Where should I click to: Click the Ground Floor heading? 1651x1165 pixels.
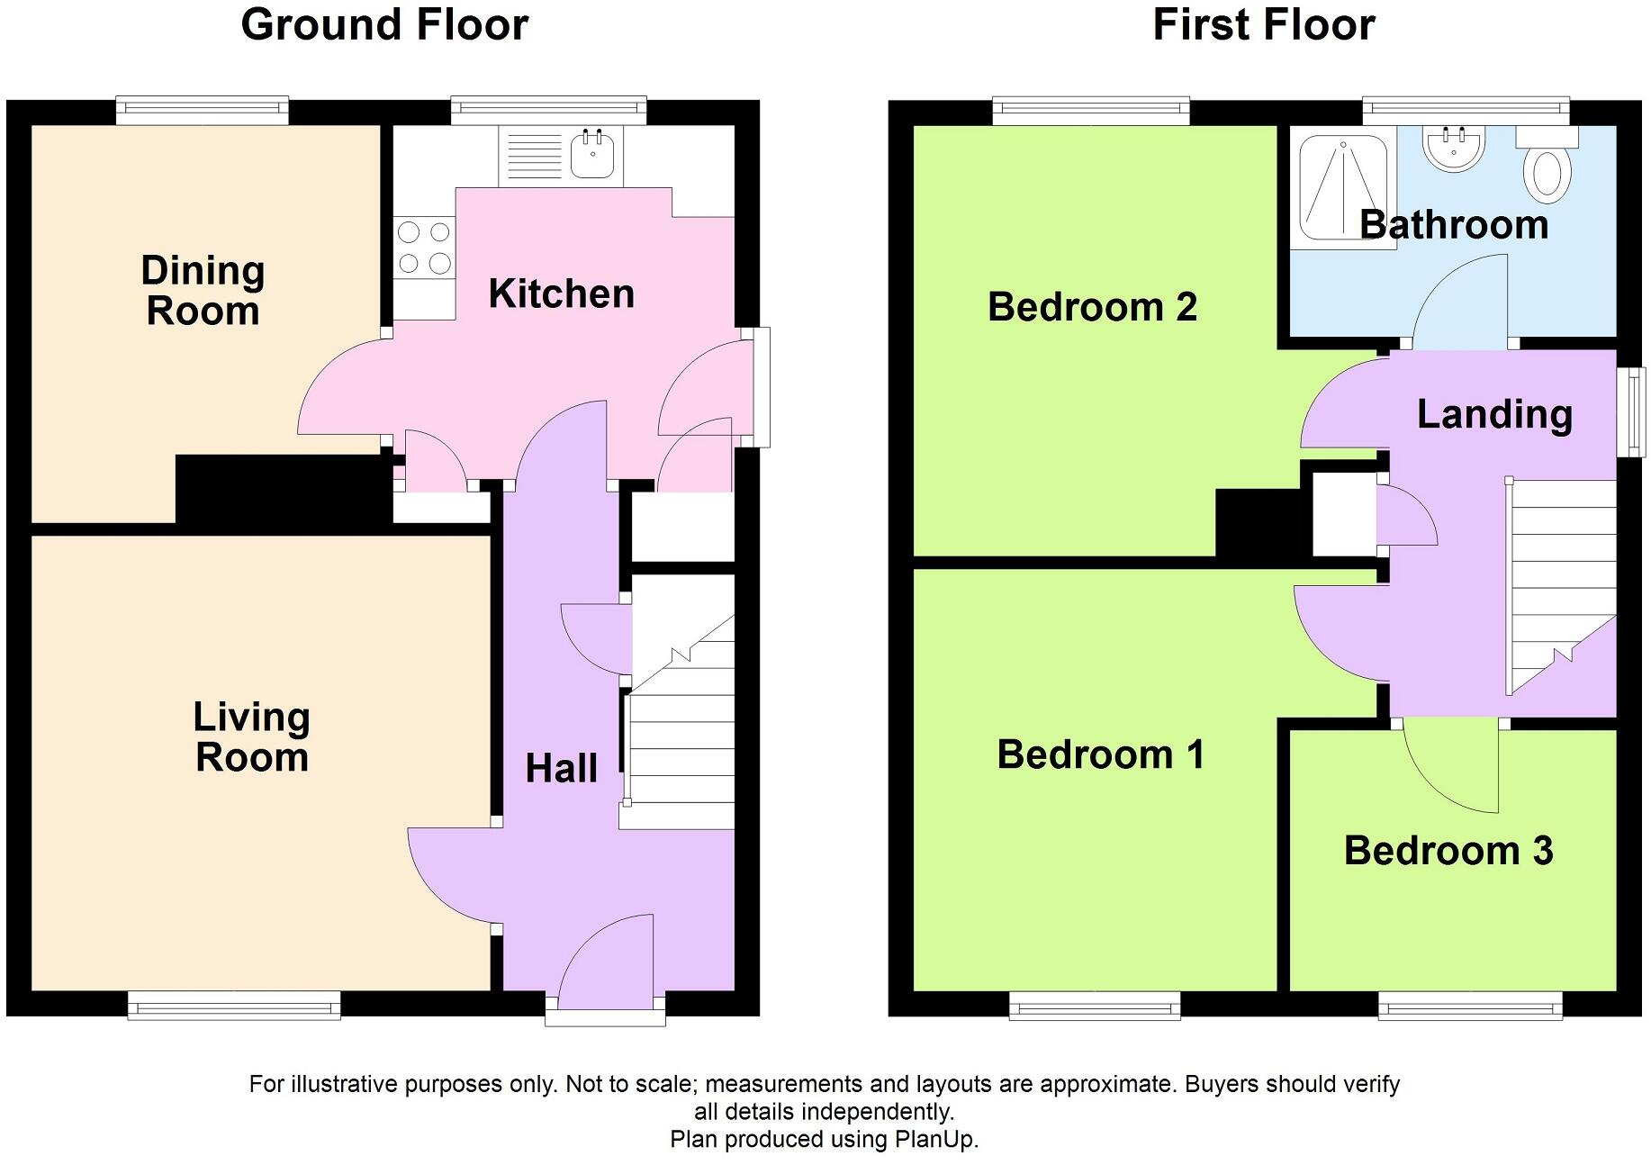coord(384,25)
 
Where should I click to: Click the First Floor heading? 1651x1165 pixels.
coord(1263,25)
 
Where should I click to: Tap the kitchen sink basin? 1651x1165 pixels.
coord(592,156)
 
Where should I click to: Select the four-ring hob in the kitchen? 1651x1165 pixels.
coord(424,248)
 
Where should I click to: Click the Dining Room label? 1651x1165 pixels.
coord(203,291)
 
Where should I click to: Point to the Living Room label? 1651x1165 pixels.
coord(252,736)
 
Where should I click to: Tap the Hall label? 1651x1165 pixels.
coord(561,769)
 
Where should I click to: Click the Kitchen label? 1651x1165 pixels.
coord(561,294)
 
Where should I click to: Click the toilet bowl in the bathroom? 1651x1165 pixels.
coord(1547,173)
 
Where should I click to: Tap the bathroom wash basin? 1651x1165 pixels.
coord(1453,148)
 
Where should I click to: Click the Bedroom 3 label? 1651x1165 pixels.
coord(1448,851)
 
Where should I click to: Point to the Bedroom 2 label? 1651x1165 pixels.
coord(1092,308)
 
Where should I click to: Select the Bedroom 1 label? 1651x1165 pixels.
coord(1100,754)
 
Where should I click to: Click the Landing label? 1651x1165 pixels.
coord(1494,414)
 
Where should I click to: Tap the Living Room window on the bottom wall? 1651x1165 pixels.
coord(234,1006)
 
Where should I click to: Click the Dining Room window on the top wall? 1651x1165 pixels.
coord(203,111)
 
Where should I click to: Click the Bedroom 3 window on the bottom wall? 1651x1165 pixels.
coord(1470,1006)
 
